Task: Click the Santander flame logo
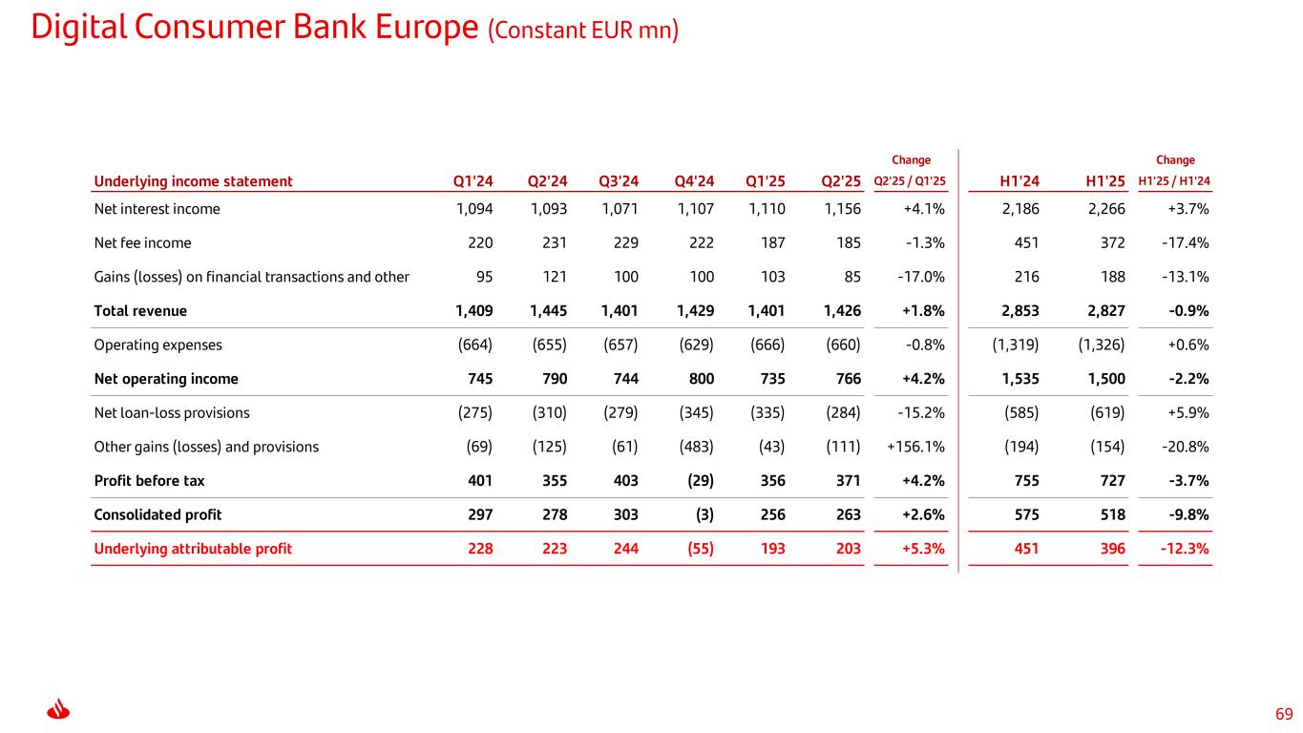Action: click(60, 711)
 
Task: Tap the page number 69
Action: click(1284, 714)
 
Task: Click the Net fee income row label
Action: click(142, 242)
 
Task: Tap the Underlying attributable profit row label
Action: click(193, 549)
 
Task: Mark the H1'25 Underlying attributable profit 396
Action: click(1111, 549)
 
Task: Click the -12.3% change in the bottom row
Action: click(1186, 549)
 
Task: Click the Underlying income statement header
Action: click(193, 181)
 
